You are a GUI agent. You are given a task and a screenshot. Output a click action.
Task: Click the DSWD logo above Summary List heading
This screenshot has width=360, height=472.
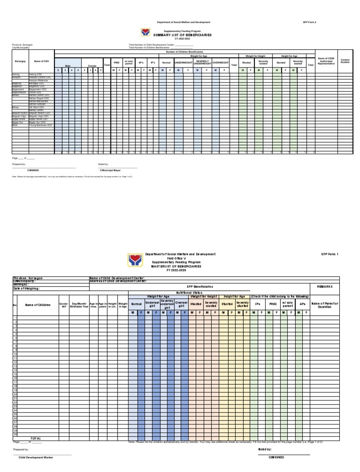pyautogui.click(x=145, y=32)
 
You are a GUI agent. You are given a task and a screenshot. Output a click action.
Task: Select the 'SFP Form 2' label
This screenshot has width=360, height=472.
pyautogui.click(x=310, y=22)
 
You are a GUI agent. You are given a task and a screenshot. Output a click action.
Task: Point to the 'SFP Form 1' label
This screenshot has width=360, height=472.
pyautogui.click(x=330, y=254)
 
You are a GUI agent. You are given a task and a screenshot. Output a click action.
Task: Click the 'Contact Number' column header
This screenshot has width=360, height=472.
pyautogui.click(x=345, y=61)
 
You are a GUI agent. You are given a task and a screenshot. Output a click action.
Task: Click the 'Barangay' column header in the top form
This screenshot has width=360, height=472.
pyautogui.click(x=20, y=61)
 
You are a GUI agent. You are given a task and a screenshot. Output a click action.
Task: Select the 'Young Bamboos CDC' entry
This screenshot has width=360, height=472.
pyautogui.click(x=40, y=126)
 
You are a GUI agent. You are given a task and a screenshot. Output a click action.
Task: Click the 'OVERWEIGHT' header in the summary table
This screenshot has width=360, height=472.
pyautogui.click(x=220, y=62)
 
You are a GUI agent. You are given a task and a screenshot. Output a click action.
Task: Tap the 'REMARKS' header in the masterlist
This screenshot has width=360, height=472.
pyautogui.click(x=324, y=286)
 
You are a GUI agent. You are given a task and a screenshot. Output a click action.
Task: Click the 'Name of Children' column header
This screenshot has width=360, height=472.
pyautogui.click(x=38, y=305)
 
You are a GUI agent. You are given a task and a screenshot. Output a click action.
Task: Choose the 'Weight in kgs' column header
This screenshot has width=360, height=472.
pyautogui.click(x=123, y=305)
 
